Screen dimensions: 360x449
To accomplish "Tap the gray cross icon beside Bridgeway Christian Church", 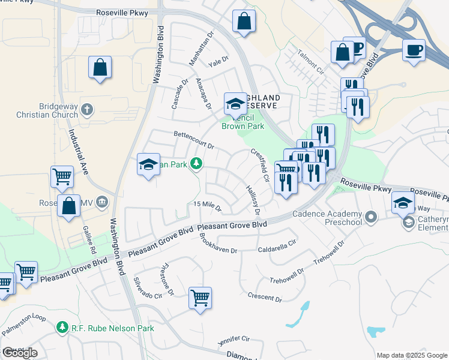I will [87, 109].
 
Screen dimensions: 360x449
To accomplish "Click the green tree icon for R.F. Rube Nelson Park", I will [62, 328].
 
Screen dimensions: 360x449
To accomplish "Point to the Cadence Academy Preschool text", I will [327, 218].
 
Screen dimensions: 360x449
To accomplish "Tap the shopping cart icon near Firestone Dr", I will [200, 298].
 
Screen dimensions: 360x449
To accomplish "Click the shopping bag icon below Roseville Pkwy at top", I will [244, 21].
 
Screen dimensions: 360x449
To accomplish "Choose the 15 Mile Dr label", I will [207, 207].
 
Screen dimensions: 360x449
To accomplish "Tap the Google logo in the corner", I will [20, 353].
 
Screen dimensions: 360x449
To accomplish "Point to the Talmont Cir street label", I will [309, 62].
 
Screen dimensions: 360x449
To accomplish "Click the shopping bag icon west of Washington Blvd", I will [100, 67].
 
